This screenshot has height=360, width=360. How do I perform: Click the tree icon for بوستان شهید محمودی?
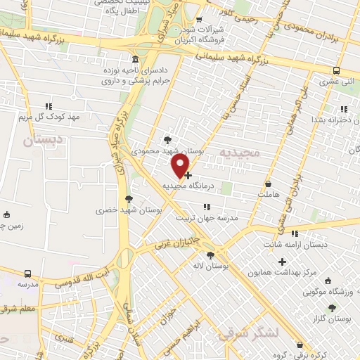pyautogui.click(x=167, y=140)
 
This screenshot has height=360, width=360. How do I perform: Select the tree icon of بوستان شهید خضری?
pyautogui.click(x=128, y=199)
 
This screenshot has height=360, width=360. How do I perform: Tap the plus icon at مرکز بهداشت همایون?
pyautogui.click(x=282, y=262)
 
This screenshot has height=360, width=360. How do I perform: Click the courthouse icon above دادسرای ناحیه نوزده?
pyautogui.click(x=134, y=58)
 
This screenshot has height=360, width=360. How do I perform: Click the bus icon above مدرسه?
pyautogui.click(x=27, y=273)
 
